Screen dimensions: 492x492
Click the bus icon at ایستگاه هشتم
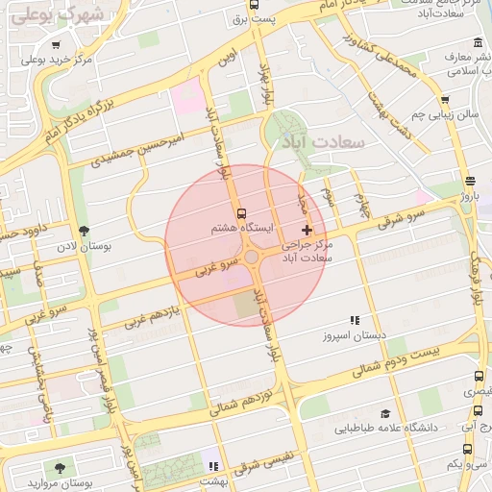click(240, 213)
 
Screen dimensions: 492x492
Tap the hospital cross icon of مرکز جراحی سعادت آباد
click(307, 230)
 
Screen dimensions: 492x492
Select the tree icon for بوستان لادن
click(85, 231)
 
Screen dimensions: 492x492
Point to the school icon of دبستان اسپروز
click(355, 320)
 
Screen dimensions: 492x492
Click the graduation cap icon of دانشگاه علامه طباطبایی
click(385, 413)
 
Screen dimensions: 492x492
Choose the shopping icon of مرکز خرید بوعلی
click(55, 45)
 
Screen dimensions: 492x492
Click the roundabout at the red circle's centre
click(251, 258)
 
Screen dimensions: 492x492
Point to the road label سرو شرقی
click(402, 216)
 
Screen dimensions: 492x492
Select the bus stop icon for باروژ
click(469, 181)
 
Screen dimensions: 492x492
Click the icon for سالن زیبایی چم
click(445, 100)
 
